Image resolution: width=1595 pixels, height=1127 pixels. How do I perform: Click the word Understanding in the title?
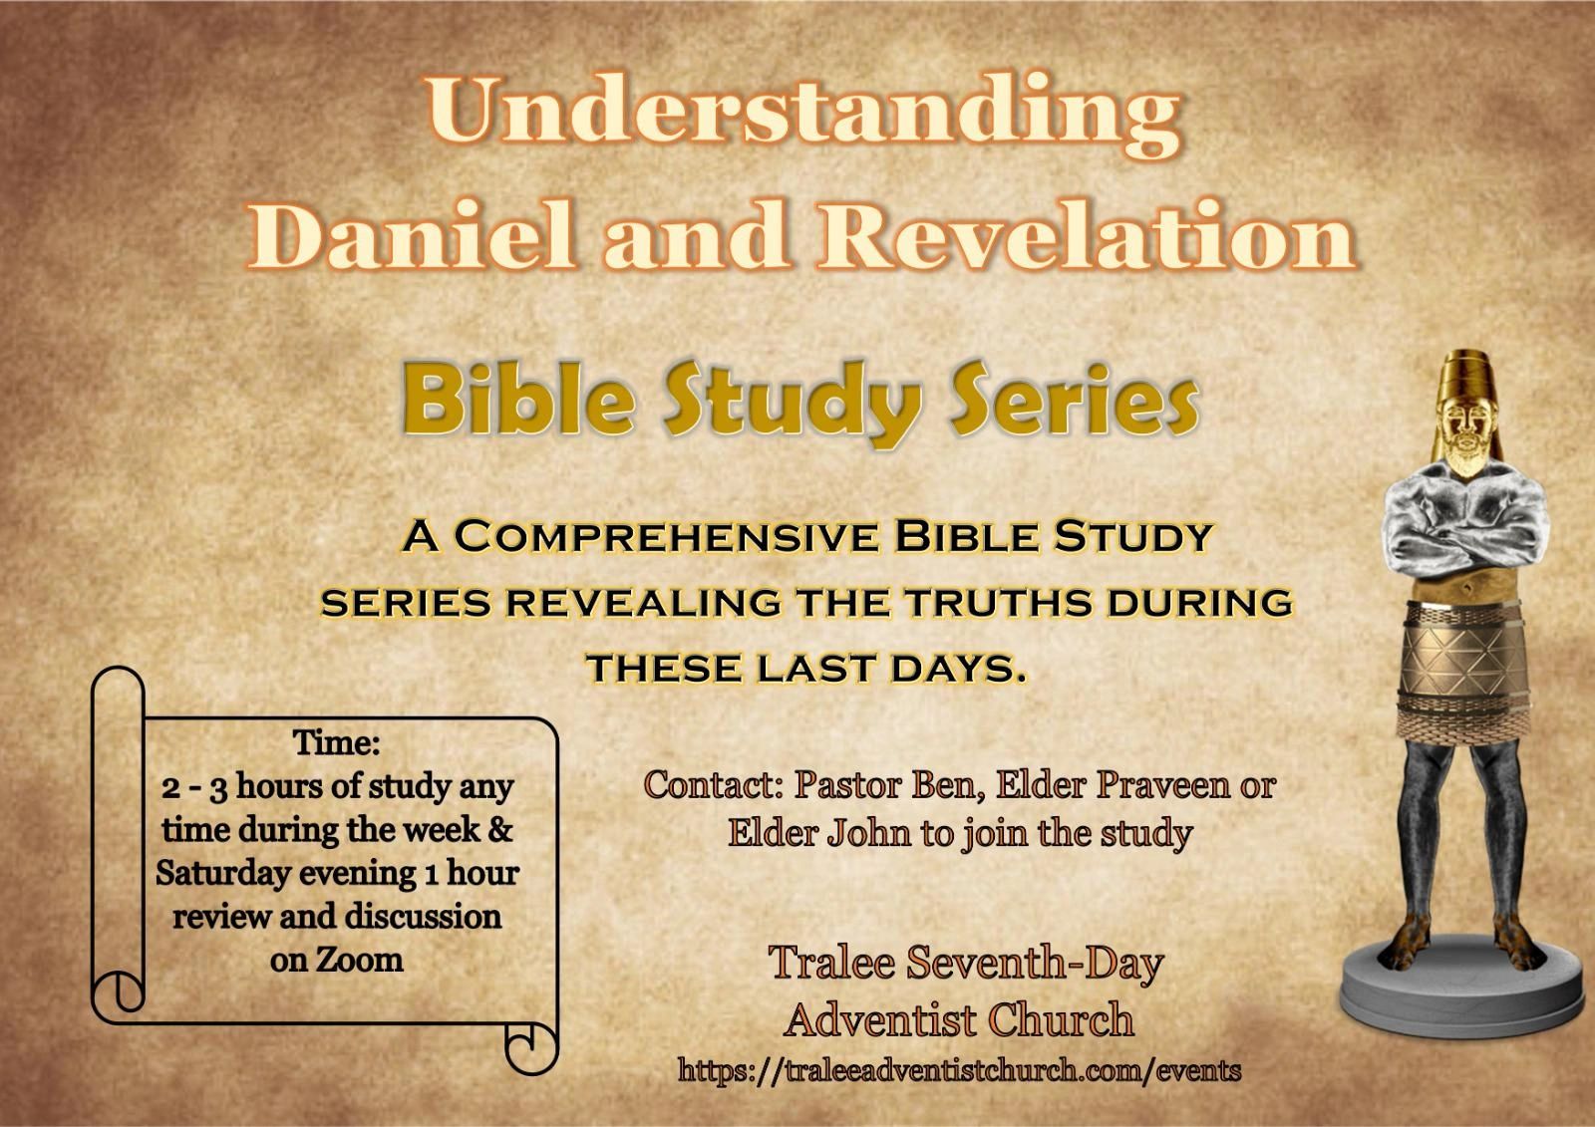pyautogui.click(x=802, y=116)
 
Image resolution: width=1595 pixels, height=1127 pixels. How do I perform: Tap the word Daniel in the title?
pyautogui.click(x=413, y=234)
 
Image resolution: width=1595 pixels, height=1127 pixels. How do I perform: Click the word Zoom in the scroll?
pyautogui.click(x=359, y=960)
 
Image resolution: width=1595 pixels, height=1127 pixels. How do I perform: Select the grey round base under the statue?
pyautogui.click(x=1465, y=988)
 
